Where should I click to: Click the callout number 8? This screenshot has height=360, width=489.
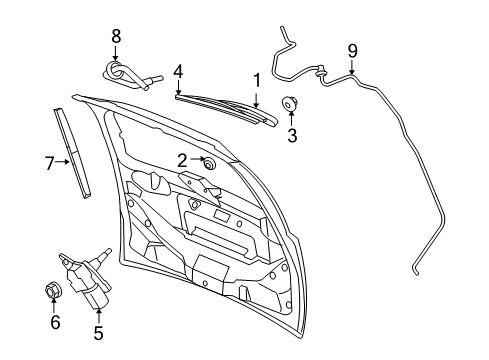[x=116, y=36]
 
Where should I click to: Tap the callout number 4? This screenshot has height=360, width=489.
[x=178, y=72]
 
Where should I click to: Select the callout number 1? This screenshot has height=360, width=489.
[x=257, y=80]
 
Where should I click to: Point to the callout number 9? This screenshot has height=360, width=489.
[x=352, y=51]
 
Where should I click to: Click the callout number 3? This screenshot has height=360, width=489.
[x=292, y=135]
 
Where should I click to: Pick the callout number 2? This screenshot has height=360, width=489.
[x=182, y=161]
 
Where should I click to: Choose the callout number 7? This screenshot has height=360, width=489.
[x=49, y=163]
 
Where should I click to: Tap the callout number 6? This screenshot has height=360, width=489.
[x=55, y=322]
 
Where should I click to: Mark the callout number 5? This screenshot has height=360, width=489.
[x=98, y=333]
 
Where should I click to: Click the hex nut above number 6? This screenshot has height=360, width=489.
[x=52, y=290]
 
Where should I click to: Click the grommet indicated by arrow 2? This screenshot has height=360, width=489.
[x=209, y=164]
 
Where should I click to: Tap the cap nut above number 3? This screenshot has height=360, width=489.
[x=289, y=103]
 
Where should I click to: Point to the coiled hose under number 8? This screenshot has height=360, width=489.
[x=130, y=76]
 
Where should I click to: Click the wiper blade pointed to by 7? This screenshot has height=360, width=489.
[x=72, y=153]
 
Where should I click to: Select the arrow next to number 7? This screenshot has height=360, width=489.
[x=63, y=162]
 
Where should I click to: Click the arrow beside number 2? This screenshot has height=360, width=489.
[x=198, y=159]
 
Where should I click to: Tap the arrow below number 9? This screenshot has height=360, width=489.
[x=352, y=67]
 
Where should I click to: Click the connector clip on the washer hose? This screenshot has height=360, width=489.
[x=322, y=72]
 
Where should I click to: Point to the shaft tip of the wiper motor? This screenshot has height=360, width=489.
[x=108, y=251]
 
